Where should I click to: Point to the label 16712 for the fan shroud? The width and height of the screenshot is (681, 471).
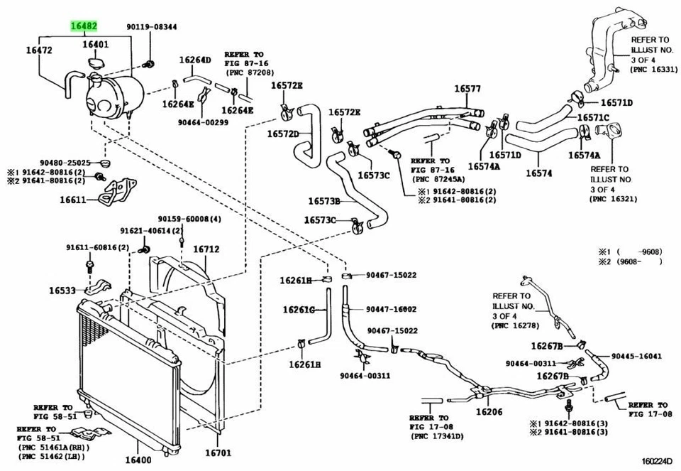pos(206,249)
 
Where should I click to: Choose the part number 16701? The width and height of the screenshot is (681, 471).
pos(218,453)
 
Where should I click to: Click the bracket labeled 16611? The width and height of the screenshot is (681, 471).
pos(72,200)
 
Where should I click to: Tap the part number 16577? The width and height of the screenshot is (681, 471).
pos(467,89)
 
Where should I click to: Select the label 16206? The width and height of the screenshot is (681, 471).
pos(489,411)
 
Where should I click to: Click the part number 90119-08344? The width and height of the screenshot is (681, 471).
pos(152,27)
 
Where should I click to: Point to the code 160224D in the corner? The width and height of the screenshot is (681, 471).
pos(652,460)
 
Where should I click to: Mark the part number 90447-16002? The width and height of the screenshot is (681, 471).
pos(392,309)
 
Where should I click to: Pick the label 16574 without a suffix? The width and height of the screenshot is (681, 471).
pos(538,172)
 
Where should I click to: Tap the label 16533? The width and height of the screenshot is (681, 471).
pos(62,290)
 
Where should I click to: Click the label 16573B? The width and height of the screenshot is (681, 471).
pos(324,201)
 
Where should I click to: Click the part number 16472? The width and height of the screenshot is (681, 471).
pos(40,50)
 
